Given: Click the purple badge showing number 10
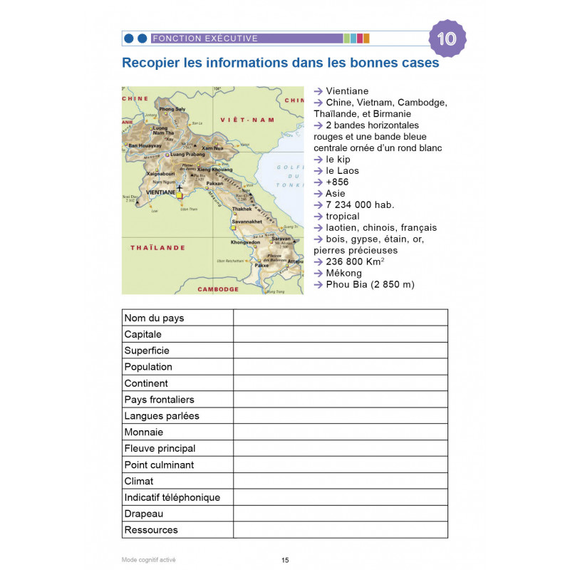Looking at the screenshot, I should [x=447, y=38].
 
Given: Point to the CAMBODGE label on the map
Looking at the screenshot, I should [x=218, y=289].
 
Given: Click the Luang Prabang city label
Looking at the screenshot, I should [x=187, y=154].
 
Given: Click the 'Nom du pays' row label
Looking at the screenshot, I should [x=154, y=318].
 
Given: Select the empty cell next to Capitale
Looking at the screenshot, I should [x=340, y=334].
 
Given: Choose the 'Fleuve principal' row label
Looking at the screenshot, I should [x=160, y=448].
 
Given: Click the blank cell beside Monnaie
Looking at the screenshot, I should [x=340, y=432].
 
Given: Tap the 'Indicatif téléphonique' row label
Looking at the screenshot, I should [x=172, y=497].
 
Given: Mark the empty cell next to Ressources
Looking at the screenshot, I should [x=340, y=530].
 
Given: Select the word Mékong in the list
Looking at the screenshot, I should [x=343, y=273].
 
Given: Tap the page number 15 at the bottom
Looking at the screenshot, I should [x=285, y=560].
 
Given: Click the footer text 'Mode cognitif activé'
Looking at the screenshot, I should [x=148, y=560].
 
